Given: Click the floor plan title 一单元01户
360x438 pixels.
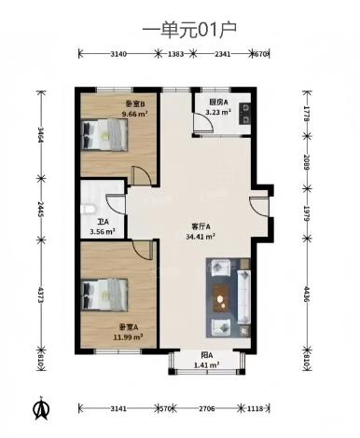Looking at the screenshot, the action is click(189, 31).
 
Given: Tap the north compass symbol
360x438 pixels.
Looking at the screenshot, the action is click(41, 408).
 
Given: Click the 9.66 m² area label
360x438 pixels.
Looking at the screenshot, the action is click(135, 114).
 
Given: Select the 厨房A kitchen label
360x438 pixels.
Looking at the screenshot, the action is click(218, 103).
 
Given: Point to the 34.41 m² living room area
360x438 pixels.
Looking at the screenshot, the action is click(201, 237).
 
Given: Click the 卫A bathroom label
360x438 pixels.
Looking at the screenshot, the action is click(104, 222).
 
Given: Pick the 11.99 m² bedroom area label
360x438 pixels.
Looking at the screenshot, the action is click(129, 336).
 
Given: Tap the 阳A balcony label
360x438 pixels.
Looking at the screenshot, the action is click(206, 355).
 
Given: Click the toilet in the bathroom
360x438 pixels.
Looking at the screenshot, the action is click(87, 209).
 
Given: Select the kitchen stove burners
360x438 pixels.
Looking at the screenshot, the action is click(244, 114).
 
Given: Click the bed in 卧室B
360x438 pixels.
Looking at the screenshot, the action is click(104, 135).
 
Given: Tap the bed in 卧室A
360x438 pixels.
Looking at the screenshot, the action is click(104, 294).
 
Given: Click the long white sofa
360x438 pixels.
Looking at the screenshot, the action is click(244, 297).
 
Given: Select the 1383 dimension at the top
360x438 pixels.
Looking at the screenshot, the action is click(175, 54).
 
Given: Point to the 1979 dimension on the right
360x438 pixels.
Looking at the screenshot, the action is click(307, 213).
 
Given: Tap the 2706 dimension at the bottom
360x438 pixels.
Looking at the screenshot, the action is click(207, 408).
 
